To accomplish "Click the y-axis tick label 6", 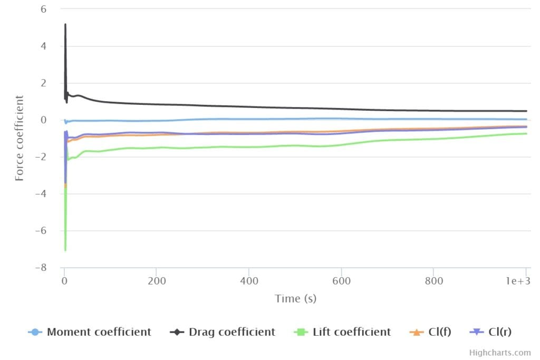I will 43,9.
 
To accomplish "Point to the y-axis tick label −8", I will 40,268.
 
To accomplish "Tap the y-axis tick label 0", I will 43,120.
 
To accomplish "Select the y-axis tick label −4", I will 40,194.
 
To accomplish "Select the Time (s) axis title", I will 295,299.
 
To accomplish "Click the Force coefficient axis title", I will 20,138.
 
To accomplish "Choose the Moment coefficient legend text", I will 99,332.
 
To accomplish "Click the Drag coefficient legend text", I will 232,332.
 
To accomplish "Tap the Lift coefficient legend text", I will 352,332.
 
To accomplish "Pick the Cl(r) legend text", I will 500,332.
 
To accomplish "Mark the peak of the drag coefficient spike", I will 65,24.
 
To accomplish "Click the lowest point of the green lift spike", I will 65,250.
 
